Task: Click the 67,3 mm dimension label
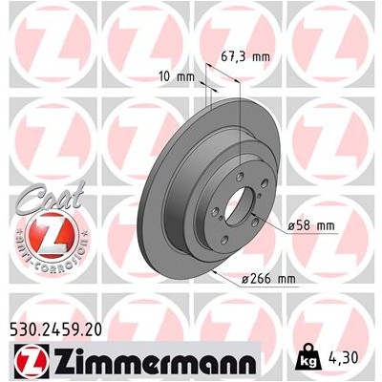tap(245, 57)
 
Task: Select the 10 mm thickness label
tap(177, 76)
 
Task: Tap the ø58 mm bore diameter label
tap(311, 226)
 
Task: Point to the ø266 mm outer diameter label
tap(268, 279)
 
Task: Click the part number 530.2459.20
tap(56, 329)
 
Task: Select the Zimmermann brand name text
tap(155, 362)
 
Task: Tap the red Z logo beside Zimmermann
tap(32, 361)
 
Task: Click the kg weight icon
tap(306, 357)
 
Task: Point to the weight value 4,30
tap(343, 357)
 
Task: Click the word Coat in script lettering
tap(51, 198)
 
